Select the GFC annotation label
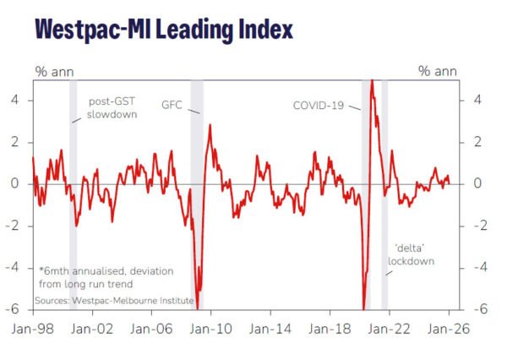172,106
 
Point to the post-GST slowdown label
111,108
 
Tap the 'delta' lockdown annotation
411,254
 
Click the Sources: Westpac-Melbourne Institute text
114,300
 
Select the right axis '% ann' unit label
437,71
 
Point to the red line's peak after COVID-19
371,81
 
